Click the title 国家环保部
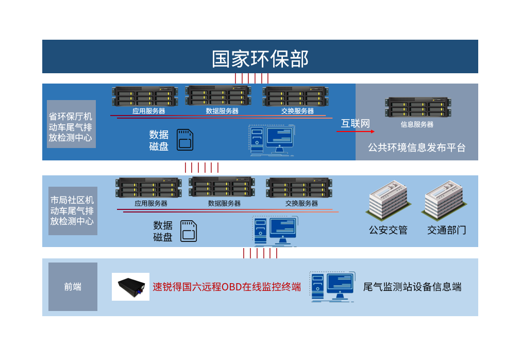tap(260, 58)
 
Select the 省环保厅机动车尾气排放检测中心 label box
tap(71, 124)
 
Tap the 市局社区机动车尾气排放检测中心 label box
tap(73, 211)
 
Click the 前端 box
tap(73, 287)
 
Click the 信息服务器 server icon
tap(417, 107)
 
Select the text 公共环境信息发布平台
tap(416, 148)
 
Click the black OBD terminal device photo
tap(130, 287)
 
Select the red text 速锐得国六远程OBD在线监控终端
tap(227, 287)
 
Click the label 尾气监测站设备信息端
tap(412, 287)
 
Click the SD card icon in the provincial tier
tap(185, 139)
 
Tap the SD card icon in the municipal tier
tap(189, 231)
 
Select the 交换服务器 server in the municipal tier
tap(299, 187)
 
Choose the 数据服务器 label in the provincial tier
tap(222, 111)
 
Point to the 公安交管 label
tap(388, 230)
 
